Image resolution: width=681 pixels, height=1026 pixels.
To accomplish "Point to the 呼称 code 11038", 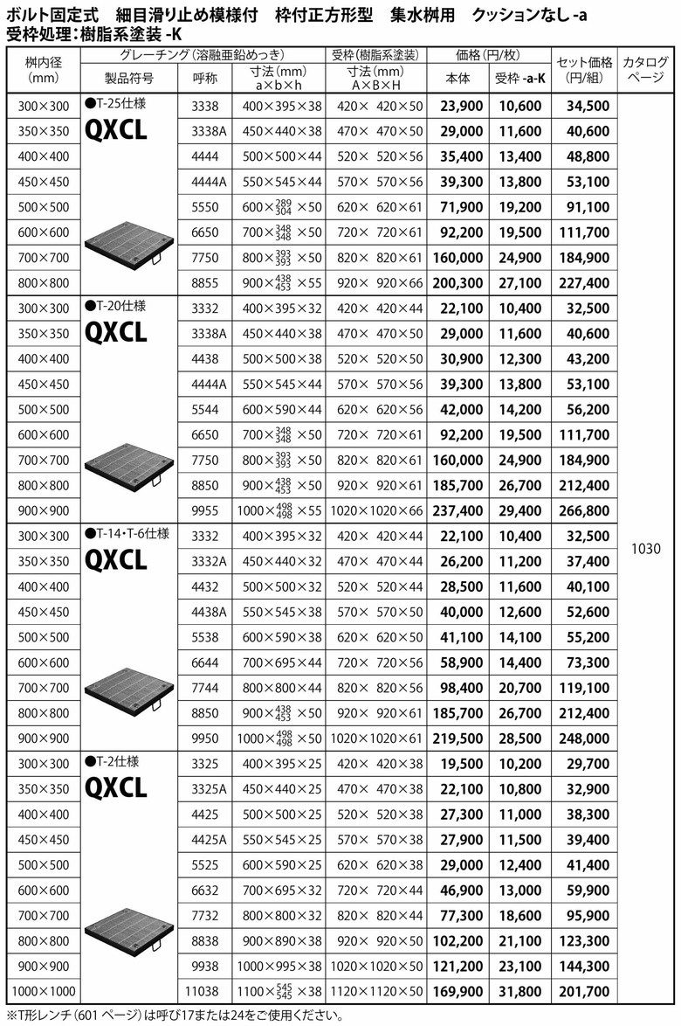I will tap(204, 992).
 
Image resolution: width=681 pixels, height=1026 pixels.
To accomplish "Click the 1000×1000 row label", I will tap(43, 992).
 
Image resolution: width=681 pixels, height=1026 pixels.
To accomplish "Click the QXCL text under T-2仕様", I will tap(116, 788).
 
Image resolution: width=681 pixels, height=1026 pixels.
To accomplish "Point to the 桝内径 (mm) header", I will tap(43, 70).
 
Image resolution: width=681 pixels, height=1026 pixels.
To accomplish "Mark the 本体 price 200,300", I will tap(457, 283).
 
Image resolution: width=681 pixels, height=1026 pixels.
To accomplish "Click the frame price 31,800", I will tap(519, 992).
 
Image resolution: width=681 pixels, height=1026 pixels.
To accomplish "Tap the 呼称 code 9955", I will tap(204, 510).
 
